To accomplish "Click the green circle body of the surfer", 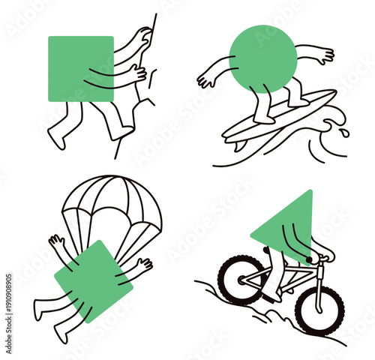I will [x=263, y=58].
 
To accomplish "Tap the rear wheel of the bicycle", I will [x=240, y=279].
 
